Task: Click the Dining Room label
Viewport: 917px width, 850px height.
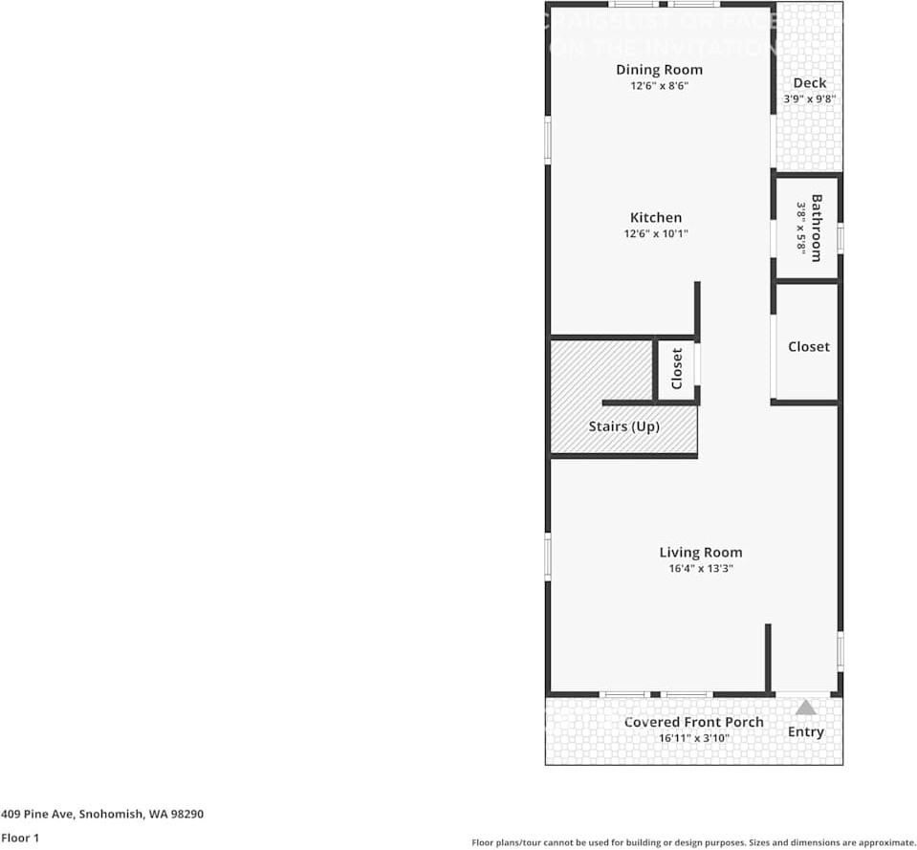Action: pos(659,70)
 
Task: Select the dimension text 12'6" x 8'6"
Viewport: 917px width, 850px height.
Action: pos(659,85)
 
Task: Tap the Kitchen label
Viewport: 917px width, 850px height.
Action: pos(656,218)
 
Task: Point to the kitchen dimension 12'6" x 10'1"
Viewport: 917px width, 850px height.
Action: pos(656,233)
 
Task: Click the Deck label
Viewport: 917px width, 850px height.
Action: pos(809,83)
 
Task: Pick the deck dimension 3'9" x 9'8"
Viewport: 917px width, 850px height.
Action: pos(809,98)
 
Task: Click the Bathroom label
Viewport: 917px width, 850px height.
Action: pos(817,228)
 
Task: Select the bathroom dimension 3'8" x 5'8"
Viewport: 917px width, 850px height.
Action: pos(801,227)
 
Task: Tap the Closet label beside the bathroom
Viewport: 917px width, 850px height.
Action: pos(809,346)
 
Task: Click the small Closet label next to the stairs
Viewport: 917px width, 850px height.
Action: pos(677,368)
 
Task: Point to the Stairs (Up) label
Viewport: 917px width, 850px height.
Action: pos(623,426)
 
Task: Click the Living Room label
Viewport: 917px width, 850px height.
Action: pos(700,553)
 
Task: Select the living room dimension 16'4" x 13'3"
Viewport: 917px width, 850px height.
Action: pos(700,568)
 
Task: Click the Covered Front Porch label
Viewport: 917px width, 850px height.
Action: pos(693,722)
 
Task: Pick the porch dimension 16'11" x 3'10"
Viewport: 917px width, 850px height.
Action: pos(693,737)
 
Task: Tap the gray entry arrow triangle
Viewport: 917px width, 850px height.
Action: pos(806,708)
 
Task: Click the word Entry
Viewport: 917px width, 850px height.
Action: pos(805,731)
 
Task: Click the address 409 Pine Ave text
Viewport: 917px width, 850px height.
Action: pos(102,815)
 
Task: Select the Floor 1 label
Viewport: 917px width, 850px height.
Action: pos(19,838)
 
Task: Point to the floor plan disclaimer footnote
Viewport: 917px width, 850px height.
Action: pos(693,842)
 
